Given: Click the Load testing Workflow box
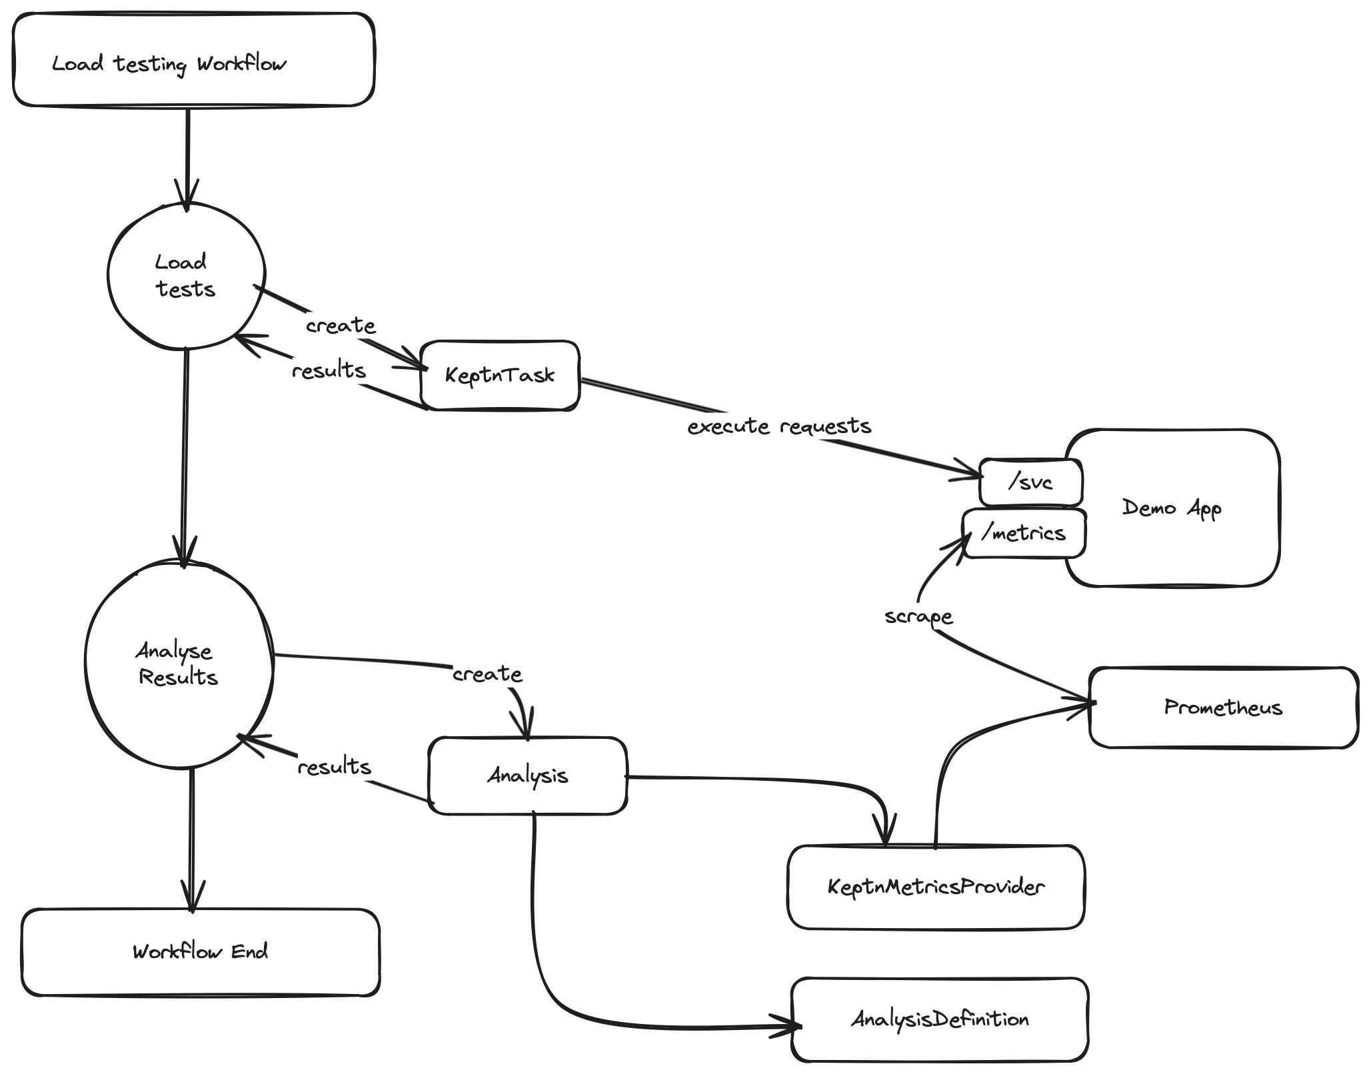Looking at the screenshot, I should [x=193, y=60].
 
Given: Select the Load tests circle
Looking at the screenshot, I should [x=186, y=275].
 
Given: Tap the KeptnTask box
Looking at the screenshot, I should [x=500, y=375].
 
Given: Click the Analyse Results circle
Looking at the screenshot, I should [x=179, y=664].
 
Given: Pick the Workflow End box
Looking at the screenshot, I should [x=200, y=951].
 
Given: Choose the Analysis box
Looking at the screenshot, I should [x=527, y=776].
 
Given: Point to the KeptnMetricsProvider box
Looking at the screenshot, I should [x=936, y=887].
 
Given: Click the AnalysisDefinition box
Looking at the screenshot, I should [x=940, y=1019].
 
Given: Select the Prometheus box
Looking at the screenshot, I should [x=1223, y=708].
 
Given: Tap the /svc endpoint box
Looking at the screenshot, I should [x=1030, y=482].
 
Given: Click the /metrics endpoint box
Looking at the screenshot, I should [x=1024, y=533].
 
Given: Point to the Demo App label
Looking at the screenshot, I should [x=1172, y=508].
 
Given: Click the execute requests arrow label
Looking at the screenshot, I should [x=779, y=426].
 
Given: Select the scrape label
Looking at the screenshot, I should [x=918, y=617].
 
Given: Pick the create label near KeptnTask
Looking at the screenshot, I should [x=341, y=326].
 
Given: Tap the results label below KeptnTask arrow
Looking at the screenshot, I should [x=329, y=370].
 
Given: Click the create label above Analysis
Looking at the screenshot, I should [x=487, y=674].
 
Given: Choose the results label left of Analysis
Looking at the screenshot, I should [x=334, y=767].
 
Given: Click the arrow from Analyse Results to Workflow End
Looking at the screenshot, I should [x=192, y=839].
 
